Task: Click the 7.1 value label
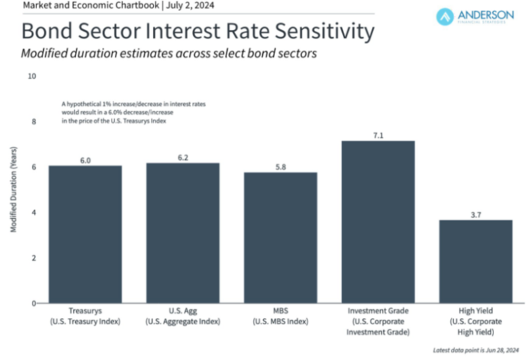(x=378, y=135)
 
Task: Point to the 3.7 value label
(x=476, y=214)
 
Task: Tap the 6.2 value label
(x=183, y=157)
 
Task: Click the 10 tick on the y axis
(x=31, y=76)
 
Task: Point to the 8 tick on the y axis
(x=32, y=122)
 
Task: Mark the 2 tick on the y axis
(x=32, y=258)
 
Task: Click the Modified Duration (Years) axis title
(x=13, y=190)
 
